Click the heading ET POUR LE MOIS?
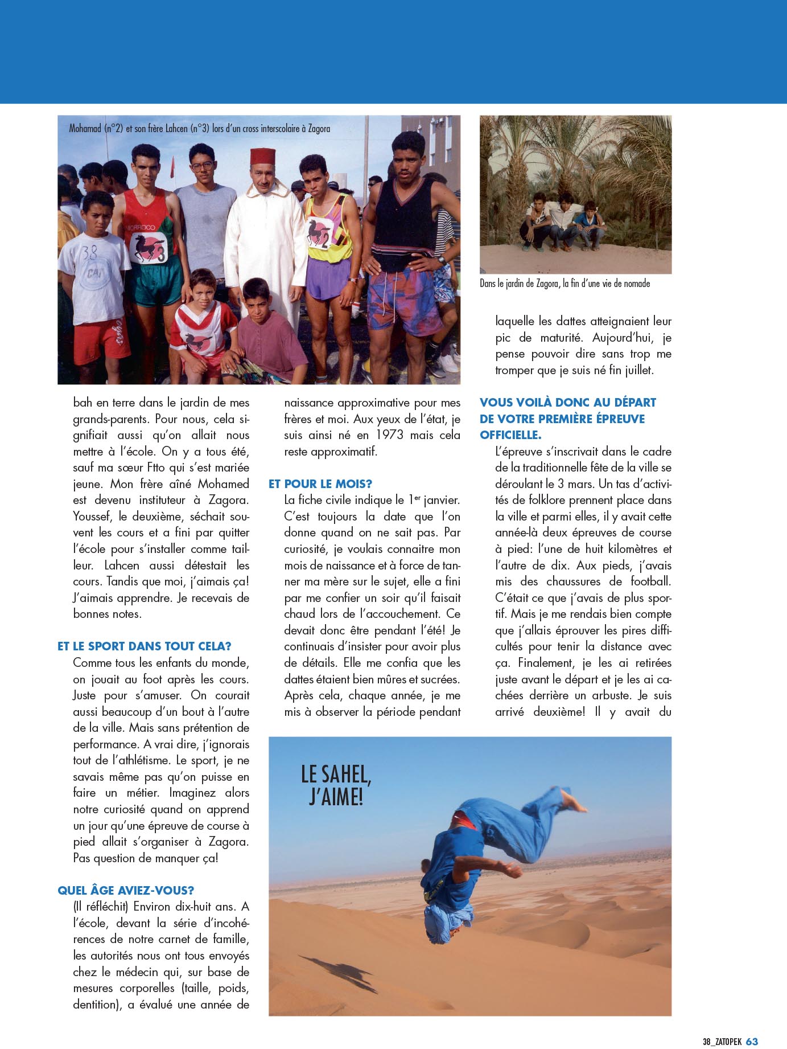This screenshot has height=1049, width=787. click(x=320, y=483)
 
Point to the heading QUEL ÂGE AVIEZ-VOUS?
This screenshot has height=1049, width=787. click(x=126, y=890)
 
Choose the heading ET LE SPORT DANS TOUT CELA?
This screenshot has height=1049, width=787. click(x=145, y=646)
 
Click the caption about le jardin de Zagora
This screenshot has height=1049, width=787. click(x=565, y=284)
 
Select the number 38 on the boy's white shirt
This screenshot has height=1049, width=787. click(x=89, y=253)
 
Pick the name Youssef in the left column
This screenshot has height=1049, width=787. click(x=93, y=517)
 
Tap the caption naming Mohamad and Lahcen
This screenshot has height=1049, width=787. click(x=199, y=129)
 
